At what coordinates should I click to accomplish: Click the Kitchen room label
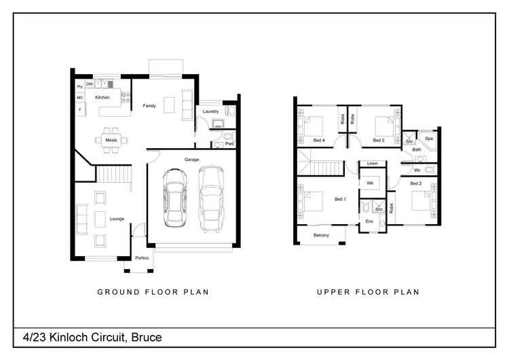point(102,98)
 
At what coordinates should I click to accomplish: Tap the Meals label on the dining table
point(111,140)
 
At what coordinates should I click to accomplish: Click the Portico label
point(142,258)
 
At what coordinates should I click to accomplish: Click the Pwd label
point(229,144)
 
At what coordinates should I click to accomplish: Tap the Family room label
point(149,106)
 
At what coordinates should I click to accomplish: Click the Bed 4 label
point(319,141)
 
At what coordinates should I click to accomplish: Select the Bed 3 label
point(379,141)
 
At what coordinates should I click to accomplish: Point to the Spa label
point(429,138)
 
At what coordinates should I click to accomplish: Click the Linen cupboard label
point(373,164)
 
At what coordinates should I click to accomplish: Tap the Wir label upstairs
point(371,183)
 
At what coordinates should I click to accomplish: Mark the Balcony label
point(321,236)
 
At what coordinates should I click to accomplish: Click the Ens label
point(369,221)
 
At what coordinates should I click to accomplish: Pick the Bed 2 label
point(416,183)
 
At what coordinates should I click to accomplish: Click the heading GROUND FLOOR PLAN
point(153,292)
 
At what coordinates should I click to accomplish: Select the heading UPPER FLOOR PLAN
point(368,292)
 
